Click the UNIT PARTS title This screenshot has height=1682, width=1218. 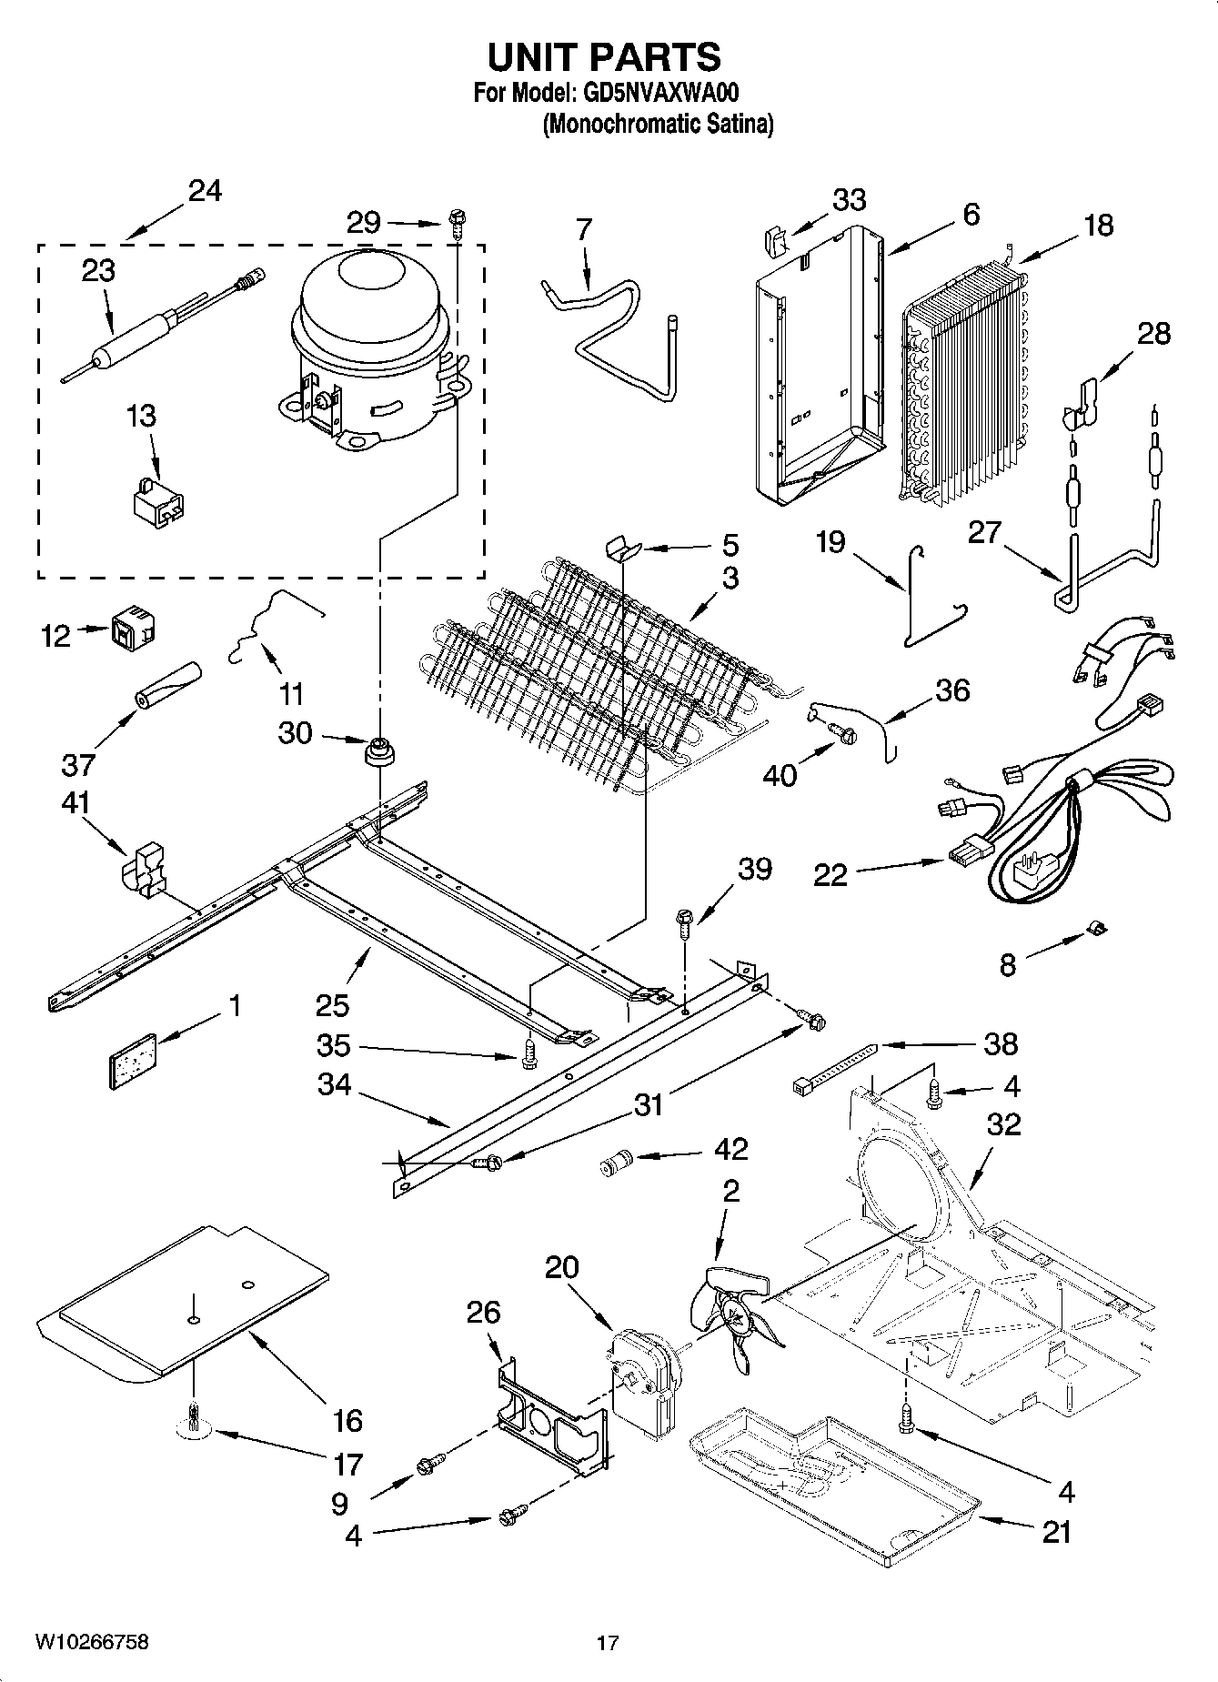[604, 56]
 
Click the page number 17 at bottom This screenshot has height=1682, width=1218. [608, 1643]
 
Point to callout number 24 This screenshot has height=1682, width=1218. [205, 191]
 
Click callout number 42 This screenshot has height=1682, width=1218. [731, 1149]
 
